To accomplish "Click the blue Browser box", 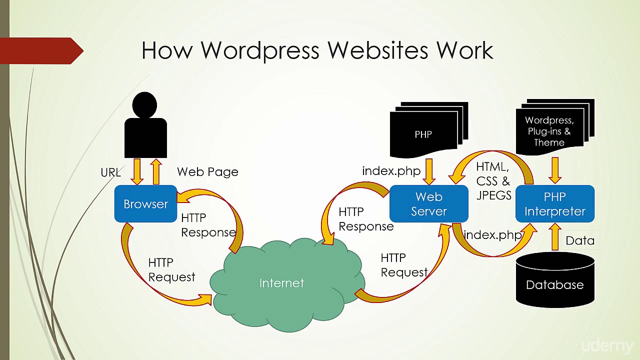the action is coord(145,203).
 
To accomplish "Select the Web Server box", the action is coord(429,203).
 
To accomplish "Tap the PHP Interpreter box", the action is coord(555,203).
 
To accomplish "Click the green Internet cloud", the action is coord(287,285).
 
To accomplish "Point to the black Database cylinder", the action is coord(555,280).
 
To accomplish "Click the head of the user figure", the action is coord(144,104).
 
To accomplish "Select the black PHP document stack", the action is coord(429,129).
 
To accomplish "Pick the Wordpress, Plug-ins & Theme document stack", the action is coord(555,127).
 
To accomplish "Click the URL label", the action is coord(111,172).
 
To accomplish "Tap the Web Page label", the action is coord(207,171).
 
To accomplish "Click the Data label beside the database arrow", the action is coord(580,240).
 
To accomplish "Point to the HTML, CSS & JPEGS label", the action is coord(493,181).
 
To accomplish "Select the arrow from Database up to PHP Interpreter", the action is coord(555,237).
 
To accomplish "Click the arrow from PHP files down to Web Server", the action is coord(429,171).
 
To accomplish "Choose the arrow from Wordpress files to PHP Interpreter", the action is coord(555,170).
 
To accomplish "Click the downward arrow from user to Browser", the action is coord(137,171).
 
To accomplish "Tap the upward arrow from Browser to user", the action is coord(156,171).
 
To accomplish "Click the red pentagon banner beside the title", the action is coord(41,51).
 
